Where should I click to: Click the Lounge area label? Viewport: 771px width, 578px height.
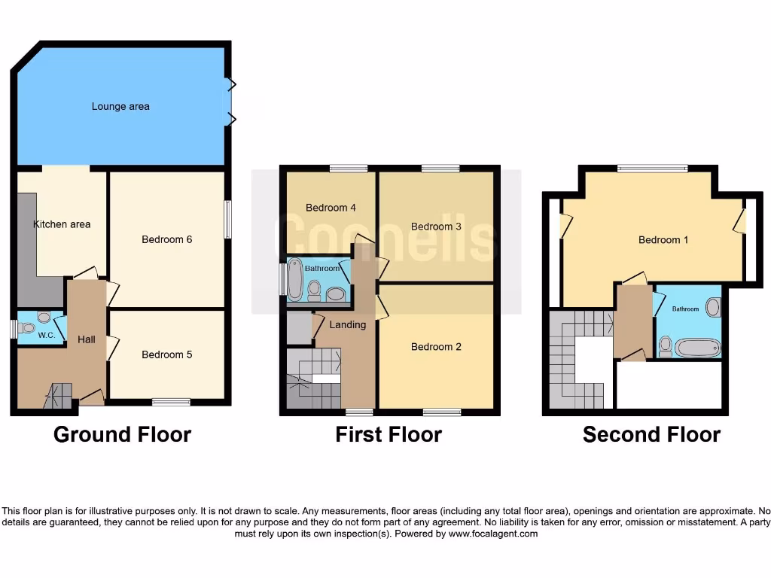(x=120, y=107)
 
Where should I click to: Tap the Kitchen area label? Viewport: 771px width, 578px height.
(x=62, y=224)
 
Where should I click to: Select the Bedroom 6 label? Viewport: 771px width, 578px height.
(x=167, y=239)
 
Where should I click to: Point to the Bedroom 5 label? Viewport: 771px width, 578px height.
(x=167, y=354)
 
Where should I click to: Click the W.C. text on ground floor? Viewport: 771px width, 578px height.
(x=46, y=336)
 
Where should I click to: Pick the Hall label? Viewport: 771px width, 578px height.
(x=87, y=339)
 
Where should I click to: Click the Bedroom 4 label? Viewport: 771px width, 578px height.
(x=331, y=208)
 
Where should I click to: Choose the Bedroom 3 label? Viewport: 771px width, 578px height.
(x=437, y=227)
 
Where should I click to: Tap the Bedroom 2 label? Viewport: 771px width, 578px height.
(x=437, y=347)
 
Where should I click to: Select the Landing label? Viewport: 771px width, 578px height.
(x=347, y=325)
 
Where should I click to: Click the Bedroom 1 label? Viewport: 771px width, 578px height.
(x=664, y=240)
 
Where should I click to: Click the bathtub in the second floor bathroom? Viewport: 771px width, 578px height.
(x=697, y=348)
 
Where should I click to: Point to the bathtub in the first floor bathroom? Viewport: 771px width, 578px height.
(x=295, y=280)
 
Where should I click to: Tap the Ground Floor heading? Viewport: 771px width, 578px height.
(x=122, y=434)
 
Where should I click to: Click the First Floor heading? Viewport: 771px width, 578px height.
(x=389, y=434)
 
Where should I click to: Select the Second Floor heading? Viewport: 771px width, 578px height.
(x=651, y=434)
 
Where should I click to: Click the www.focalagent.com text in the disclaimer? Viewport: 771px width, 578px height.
(x=494, y=534)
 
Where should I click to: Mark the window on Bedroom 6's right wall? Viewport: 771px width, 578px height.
(x=227, y=219)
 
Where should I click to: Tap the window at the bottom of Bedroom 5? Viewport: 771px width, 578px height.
(x=171, y=403)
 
